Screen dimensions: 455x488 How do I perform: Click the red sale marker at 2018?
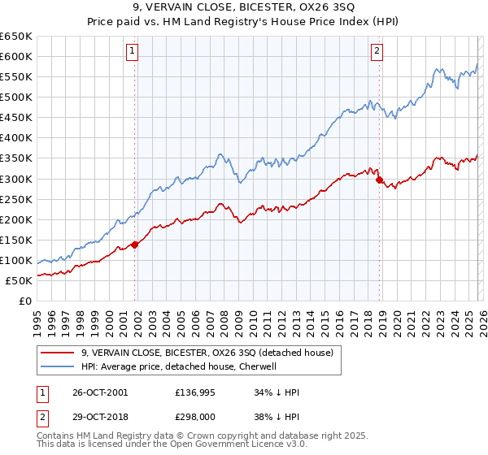click(379, 180)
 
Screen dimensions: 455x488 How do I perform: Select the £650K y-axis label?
click(17, 37)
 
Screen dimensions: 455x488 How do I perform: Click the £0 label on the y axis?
click(25, 301)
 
